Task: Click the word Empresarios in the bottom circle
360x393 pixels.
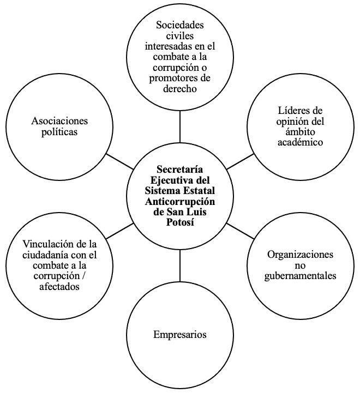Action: [180, 335]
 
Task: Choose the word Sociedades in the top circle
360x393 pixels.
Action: [179, 25]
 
